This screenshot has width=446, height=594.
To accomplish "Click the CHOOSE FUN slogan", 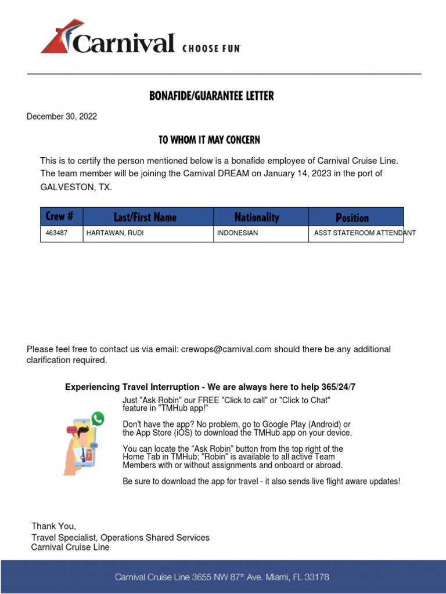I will point(211,49).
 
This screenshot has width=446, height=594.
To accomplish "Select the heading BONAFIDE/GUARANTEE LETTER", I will point(211,96).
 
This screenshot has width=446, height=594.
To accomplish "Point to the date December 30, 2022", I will point(62,117).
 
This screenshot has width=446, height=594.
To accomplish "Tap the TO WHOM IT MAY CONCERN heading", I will point(209,140).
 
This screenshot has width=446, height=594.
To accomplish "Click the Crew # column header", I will point(60,217).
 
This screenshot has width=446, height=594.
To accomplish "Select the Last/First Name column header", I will point(145,218).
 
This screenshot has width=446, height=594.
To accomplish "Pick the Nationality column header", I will point(257,218).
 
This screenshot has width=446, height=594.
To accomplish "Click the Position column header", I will point(352,218).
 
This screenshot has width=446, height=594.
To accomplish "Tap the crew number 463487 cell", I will point(56,233).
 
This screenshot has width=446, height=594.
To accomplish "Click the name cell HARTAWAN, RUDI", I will point(115,233).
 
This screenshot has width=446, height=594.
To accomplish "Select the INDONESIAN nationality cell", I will point(238,233).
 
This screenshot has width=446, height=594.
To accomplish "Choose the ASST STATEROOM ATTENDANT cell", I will point(365,233).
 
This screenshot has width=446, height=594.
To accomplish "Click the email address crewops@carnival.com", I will point(226,349).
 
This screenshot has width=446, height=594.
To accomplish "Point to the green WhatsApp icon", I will point(98,418).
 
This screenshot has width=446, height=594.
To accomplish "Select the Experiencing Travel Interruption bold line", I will point(214,387).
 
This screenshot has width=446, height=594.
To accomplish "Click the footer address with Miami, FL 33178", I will point(222,577).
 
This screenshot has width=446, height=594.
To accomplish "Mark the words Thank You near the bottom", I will point(53,526).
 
